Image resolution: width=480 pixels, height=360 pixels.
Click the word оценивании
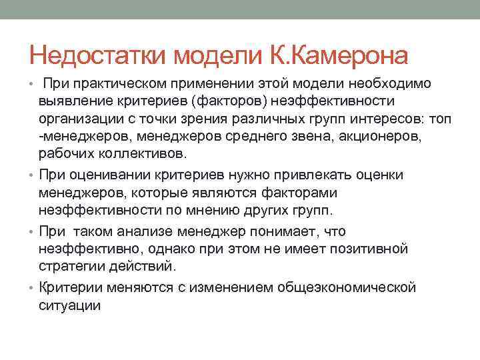tap(101, 175)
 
